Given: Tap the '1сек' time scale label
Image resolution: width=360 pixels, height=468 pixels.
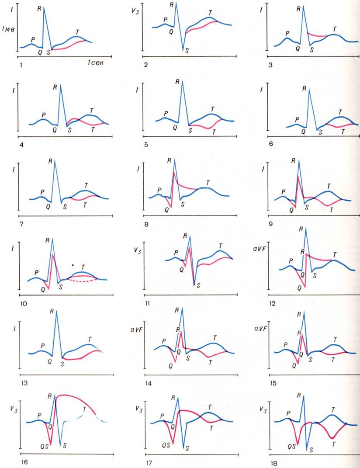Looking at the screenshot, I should coord(94,63).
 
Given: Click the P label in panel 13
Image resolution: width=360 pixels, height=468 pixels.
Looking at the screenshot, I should coord(42,346).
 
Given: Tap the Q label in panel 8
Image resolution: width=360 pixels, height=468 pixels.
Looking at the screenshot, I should coord(166,210).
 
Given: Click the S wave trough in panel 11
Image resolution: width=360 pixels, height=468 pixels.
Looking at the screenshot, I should coord(194,285).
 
